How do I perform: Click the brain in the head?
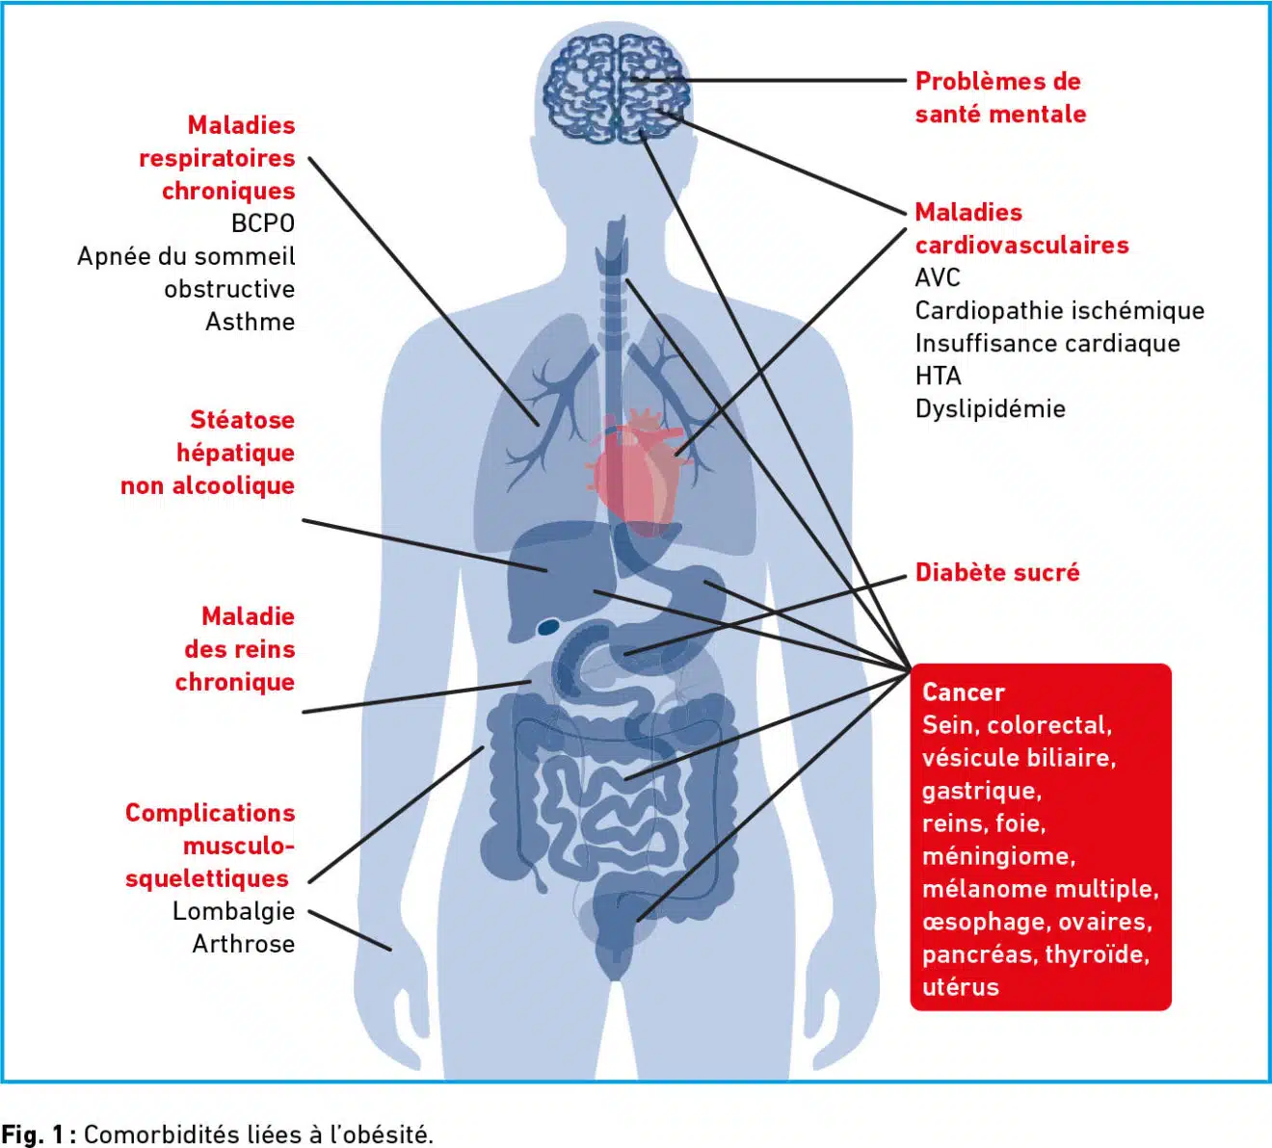click(x=616, y=89)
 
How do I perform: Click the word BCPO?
click(x=263, y=223)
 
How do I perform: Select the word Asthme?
click(x=251, y=322)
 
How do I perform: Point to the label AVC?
click(x=938, y=277)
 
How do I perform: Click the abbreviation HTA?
click(x=938, y=376)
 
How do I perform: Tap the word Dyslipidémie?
click(x=990, y=409)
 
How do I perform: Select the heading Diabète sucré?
click(x=996, y=572)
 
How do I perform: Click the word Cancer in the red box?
click(x=964, y=692)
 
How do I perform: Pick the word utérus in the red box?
click(x=960, y=987)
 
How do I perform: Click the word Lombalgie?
click(x=234, y=911)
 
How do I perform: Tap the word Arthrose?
click(x=244, y=944)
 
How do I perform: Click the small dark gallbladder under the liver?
click(x=548, y=627)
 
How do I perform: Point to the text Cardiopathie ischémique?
click(x=1060, y=311)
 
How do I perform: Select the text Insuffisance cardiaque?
click(x=1047, y=344)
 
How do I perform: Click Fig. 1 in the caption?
click(x=33, y=1135)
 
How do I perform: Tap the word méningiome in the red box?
click(x=998, y=856)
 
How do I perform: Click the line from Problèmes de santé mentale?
click(x=769, y=81)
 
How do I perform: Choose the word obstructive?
click(x=229, y=289)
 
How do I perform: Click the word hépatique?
click(x=235, y=454)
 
